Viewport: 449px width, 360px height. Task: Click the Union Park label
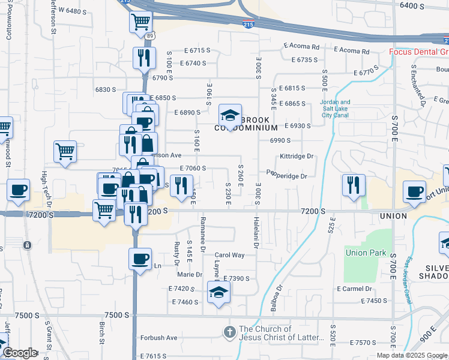pyautogui.click(x=366, y=253)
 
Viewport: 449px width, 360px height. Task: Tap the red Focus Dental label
pyautogui.click(x=418, y=52)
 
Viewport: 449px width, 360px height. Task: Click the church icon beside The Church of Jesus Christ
pyautogui.click(x=230, y=332)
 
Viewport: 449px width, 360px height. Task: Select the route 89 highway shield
pyautogui.click(x=148, y=37)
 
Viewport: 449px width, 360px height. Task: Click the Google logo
pyautogui.click(x=20, y=353)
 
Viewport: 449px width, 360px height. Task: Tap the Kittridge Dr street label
pyautogui.click(x=297, y=156)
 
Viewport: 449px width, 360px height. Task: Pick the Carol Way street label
pyautogui.click(x=229, y=255)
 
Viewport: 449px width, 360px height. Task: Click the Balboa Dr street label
pyautogui.click(x=277, y=296)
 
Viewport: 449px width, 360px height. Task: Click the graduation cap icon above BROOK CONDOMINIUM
pyautogui.click(x=229, y=114)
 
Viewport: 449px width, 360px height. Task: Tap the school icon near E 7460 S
pyautogui.click(x=218, y=293)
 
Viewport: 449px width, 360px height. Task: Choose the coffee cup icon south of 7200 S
pyautogui.click(x=140, y=259)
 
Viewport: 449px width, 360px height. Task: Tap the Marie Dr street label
pyautogui.click(x=190, y=274)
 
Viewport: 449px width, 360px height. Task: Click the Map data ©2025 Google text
pyautogui.click(x=412, y=355)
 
